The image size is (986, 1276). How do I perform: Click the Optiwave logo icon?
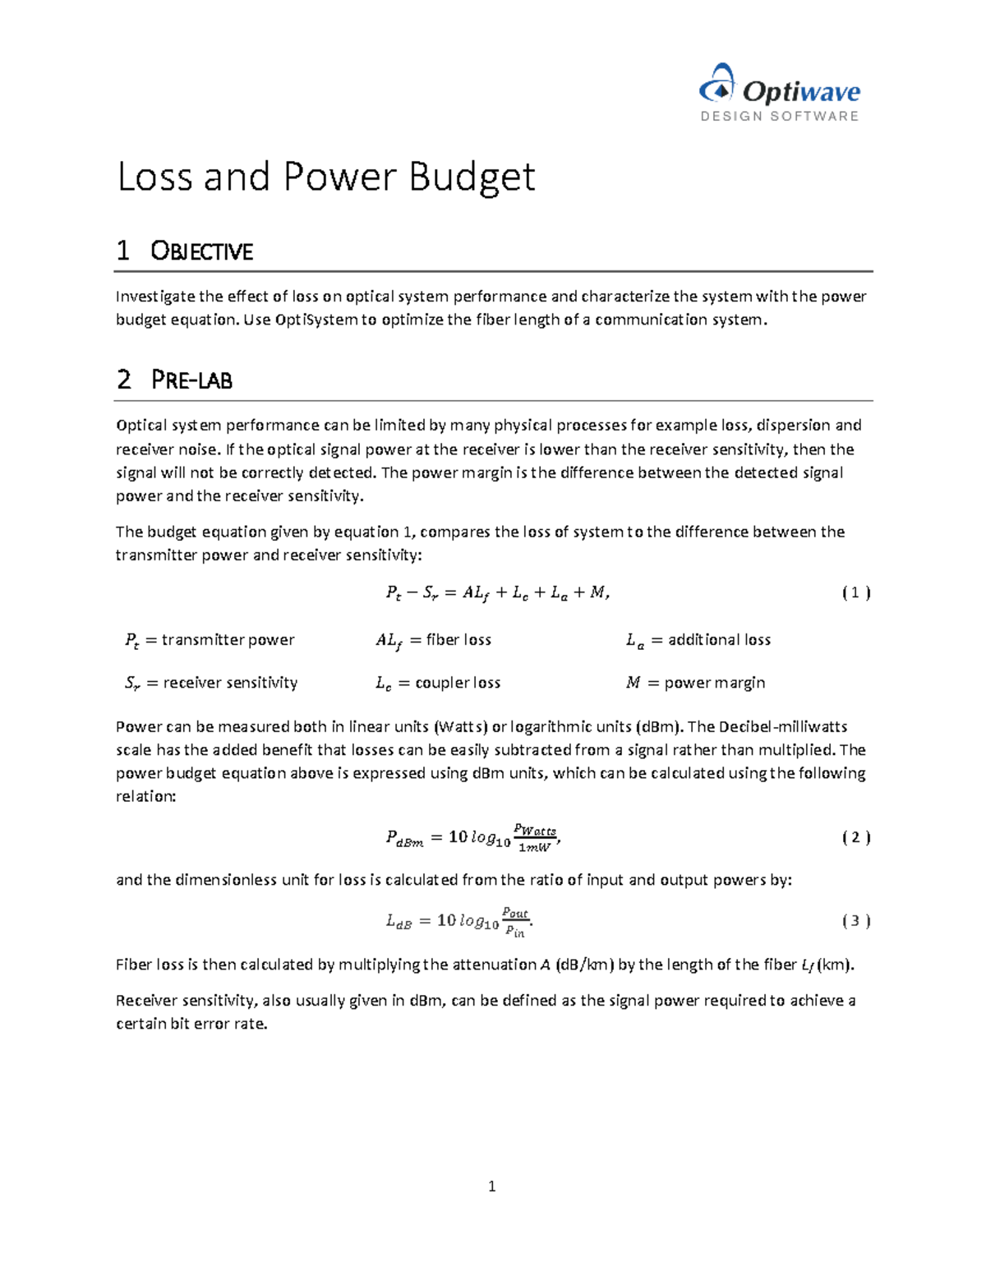point(716,85)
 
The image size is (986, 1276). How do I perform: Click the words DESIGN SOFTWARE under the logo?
point(779,117)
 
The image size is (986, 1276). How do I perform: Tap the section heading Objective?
point(201,251)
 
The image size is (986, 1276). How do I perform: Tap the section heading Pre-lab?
point(191,380)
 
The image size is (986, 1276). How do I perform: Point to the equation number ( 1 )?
point(855,592)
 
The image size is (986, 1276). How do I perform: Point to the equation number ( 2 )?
point(855,837)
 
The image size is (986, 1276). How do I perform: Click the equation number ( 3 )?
point(855,921)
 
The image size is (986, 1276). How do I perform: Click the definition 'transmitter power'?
point(228,640)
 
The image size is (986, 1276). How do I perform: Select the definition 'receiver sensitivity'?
point(230,683)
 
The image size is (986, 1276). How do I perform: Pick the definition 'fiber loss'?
point(458,640)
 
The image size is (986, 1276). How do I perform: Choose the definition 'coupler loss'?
point(458,683)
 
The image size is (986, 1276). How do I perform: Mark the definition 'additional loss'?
point(719,640)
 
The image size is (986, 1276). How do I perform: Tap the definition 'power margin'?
point(714,683)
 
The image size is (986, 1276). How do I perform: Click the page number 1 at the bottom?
point(491,1186)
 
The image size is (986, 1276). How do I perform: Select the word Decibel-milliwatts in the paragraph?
point(782,727)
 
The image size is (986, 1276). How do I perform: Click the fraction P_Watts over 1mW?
point(534,838)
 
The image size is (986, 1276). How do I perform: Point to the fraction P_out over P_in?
point(515,922)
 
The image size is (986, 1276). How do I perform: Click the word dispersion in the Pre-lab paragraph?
point(793,426)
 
